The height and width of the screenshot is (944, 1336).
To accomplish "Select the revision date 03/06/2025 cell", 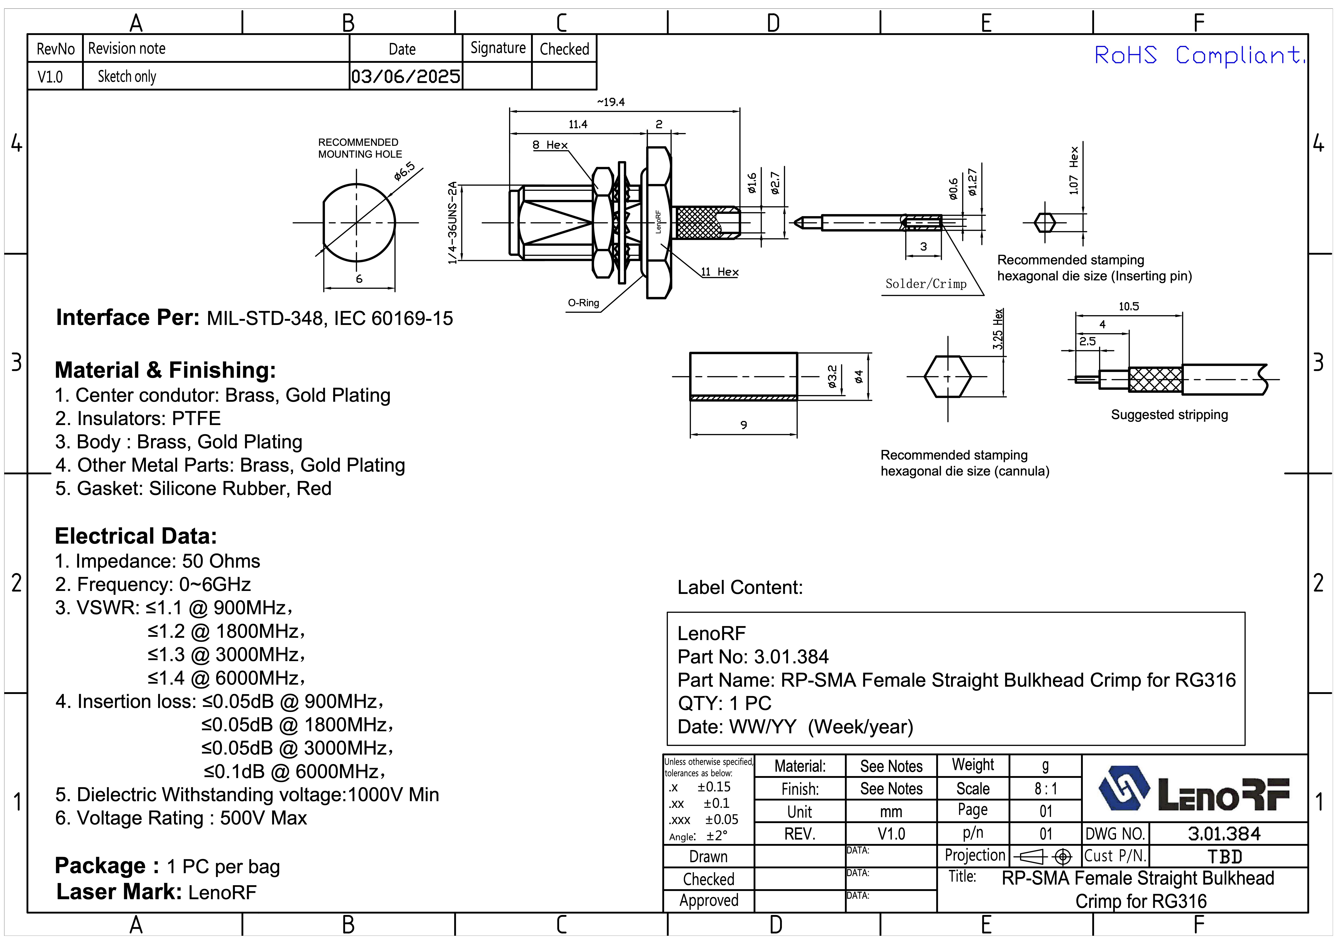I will [406, 76].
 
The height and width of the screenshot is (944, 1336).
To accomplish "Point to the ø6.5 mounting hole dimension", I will [404, 171].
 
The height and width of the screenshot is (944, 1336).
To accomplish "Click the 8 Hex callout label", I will [550, 145].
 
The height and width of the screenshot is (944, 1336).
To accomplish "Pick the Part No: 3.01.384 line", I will [753, 657].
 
